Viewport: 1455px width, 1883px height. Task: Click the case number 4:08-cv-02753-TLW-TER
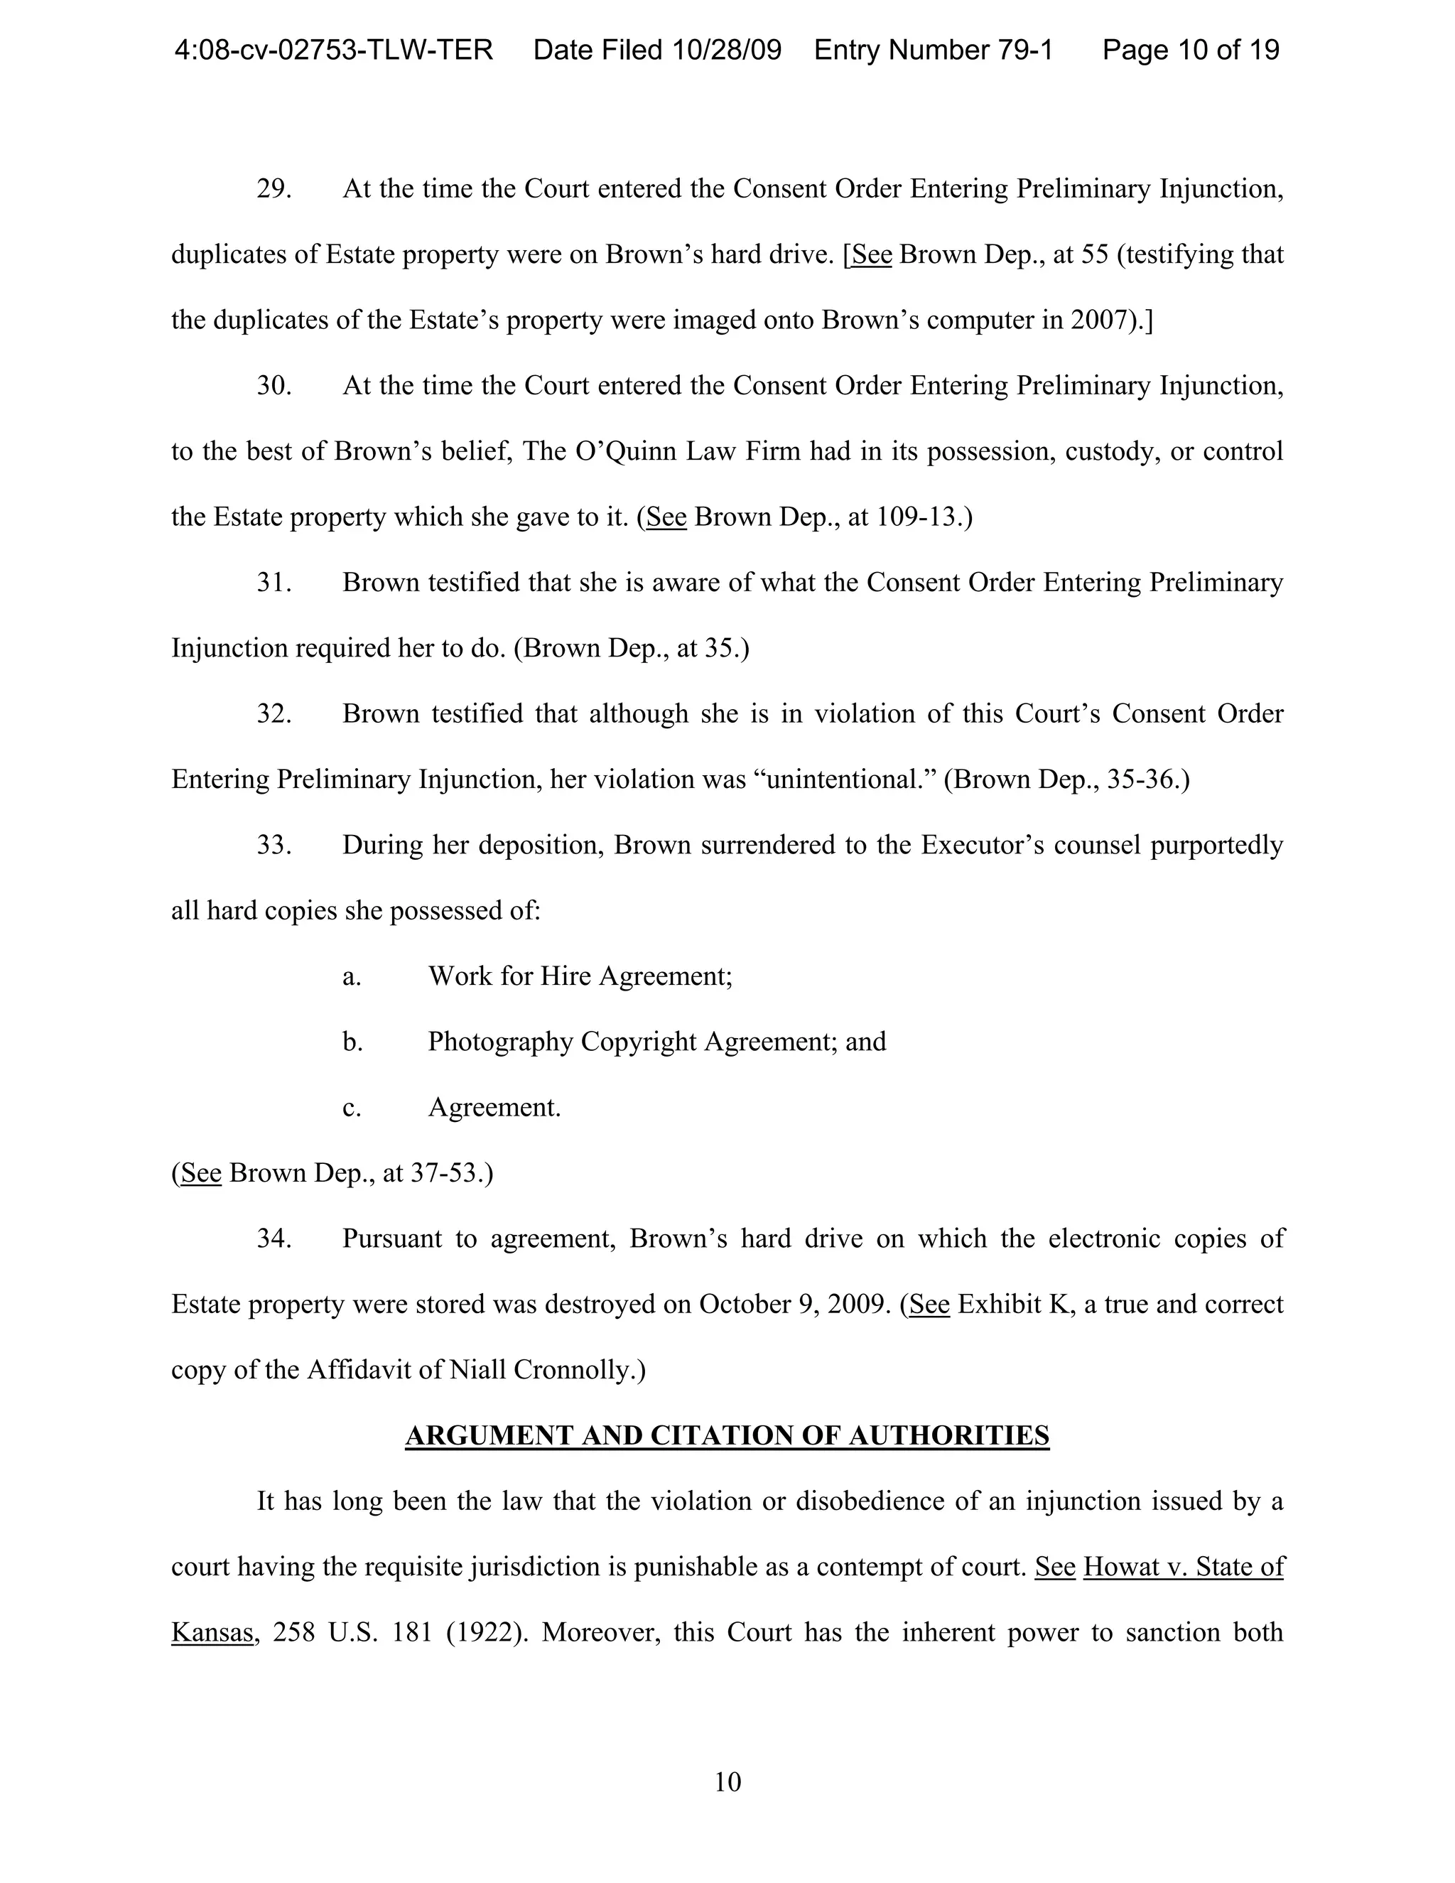pos(334,50)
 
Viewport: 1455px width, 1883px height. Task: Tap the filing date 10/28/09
pos(727,50)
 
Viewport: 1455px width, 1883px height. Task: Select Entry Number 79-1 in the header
pos(934,50)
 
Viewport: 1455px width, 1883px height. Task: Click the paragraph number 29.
pos(274,189)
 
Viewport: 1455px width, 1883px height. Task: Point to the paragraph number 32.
pos(274,714)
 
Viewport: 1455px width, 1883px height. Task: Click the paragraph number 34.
pos(274,1239)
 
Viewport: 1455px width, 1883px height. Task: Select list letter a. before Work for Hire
pos(352,976)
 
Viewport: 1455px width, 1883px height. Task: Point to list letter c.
pos(352,1108)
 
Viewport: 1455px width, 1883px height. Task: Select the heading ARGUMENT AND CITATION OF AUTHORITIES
pos(727,1435)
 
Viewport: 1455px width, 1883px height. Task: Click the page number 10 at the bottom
pos(727,1781)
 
